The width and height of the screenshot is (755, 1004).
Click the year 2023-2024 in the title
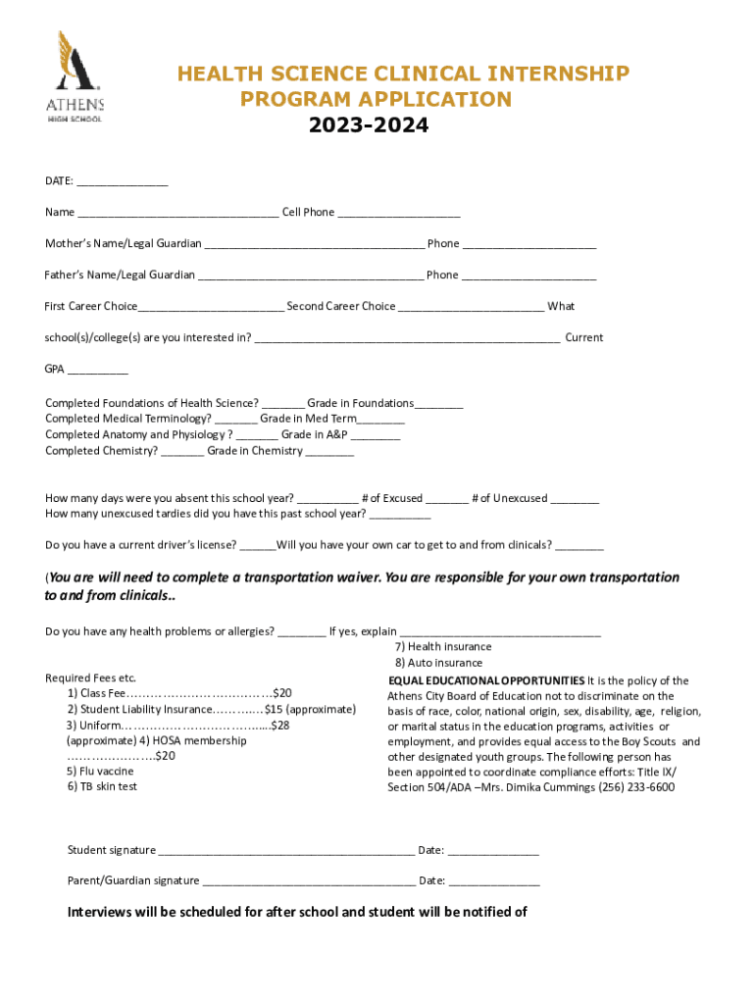368,126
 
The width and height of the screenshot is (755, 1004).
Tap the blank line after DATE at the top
123,182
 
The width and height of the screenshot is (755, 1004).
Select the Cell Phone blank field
399,213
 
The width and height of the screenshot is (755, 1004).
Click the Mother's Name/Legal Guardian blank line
314,244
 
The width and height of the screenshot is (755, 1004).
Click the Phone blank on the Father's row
528,276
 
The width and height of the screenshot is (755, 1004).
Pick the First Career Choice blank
211,307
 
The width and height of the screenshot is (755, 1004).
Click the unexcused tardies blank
400,515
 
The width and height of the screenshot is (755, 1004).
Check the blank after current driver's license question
258,546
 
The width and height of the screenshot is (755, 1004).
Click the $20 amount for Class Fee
281,693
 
